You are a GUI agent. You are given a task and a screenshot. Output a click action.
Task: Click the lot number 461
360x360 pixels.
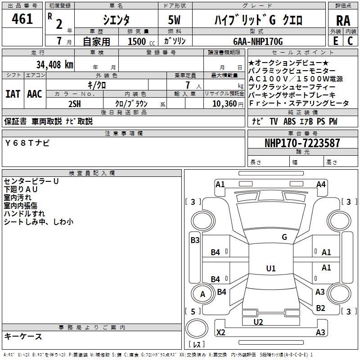(x=22, y=19)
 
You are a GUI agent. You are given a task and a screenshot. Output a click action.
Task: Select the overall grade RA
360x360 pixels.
(x=343, y=20)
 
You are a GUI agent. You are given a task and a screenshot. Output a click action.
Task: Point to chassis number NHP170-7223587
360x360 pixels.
(x=302, y=143)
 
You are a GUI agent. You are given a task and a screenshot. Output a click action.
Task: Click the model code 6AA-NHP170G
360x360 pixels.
(x=258, y=41)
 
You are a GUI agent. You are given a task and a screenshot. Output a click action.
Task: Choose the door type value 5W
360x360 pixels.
(x=175, y=20)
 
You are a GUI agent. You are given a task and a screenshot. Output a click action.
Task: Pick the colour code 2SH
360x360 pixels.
(x=74, y=103)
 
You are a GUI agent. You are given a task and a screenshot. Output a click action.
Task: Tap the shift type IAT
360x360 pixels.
(x=12, y=94)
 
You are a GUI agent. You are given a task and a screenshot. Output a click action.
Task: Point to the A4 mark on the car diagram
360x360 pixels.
(x=321, y=184)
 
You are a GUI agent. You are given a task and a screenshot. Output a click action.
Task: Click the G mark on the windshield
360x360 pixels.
(x=284, y=237)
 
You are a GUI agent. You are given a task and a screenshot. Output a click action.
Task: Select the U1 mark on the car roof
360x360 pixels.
(x=270, y=268)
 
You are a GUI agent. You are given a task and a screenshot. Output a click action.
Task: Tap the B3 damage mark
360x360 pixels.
(x=195, y=240)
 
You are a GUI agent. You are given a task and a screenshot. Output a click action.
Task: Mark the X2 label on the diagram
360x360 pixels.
(x=221, y=333)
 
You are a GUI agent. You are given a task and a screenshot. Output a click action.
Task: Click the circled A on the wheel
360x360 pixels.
(x=202, y=294)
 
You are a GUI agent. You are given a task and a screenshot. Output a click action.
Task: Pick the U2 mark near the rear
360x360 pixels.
(x=258, y=322)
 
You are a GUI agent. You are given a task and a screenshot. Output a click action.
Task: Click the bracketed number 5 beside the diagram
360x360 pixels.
(x=193, y=311)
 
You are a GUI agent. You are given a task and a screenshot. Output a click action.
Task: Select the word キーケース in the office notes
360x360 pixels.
(x=23, y=336)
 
